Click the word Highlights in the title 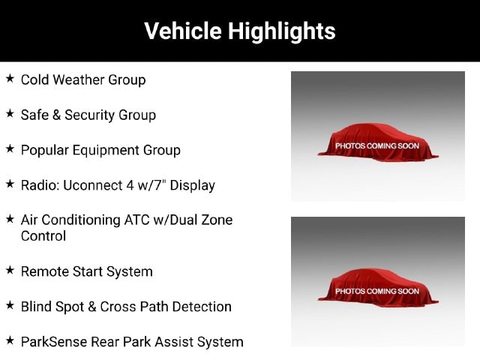pyautogui.click(x=282, y=31)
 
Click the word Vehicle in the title pyautogui.click(x=183, y=31)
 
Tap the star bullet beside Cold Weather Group pyautogui.click(x=10, y=78)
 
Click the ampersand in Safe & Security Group pyautogui.click(x=56, y=115)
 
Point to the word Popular pyautogui.click(x=45, y=151)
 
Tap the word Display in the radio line pyautogui.click(x=192, y=186)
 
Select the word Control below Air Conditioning pyautogui.click(x=43, y=236)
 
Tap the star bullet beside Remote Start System pyautogui.click(x=10, y=270)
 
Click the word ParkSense pyautogui.click(x=54, y=342)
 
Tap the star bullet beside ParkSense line pyautogui.click(x=10, y=340)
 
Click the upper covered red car pyautogui.click(x=378, y=142)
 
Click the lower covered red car pyautogui.click(x=378, y=287)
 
